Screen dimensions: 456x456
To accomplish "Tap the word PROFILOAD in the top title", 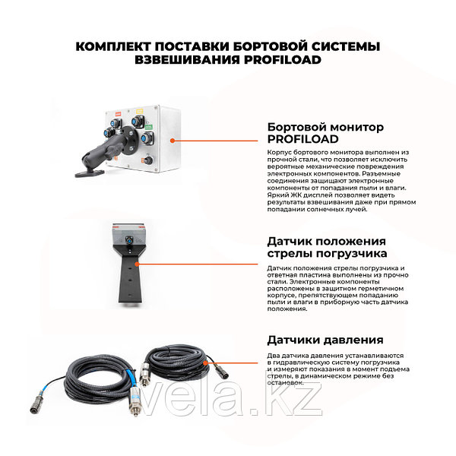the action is pos(283,60).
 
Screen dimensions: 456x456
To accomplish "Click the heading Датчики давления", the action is pos(325,340).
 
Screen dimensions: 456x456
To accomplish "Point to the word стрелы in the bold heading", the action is pos(290,254).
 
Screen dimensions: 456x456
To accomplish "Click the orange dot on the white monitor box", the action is pos(173,141).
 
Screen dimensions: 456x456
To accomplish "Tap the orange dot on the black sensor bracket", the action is pos(137,264).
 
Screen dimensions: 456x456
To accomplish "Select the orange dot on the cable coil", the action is pos(205,363).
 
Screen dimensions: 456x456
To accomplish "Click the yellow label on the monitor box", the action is pos(140,111).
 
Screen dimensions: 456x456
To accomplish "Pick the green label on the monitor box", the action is pos(149,127).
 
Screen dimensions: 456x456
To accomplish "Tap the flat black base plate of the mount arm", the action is pos(90,173).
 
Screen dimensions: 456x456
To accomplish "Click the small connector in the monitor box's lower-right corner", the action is pos(147,160).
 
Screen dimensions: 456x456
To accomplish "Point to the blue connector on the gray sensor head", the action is pos(128,240).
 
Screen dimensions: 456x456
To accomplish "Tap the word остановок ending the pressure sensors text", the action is pos(286,383).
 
